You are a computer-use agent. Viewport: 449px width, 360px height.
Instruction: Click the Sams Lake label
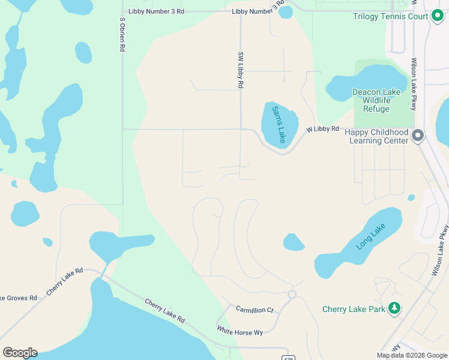[279, 124]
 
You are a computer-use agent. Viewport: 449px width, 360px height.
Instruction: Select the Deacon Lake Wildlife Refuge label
[376, 100]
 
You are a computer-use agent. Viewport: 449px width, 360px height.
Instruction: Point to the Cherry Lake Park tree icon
[394, 309]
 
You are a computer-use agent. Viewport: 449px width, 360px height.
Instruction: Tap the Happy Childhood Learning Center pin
[418, 136]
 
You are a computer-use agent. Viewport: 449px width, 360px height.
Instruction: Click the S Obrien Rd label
[122, 34]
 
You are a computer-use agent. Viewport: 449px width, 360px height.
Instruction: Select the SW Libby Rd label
[240, 70]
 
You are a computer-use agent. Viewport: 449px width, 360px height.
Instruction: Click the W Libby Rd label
[323, 129]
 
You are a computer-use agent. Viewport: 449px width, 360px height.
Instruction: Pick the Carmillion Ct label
[255, 310]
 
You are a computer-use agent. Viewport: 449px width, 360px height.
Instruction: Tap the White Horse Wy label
[240, 331]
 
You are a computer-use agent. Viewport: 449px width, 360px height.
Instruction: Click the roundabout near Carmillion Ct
[292, 295]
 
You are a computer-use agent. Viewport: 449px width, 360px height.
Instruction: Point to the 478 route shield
[288, 358]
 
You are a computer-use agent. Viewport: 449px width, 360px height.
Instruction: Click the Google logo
[20, 353]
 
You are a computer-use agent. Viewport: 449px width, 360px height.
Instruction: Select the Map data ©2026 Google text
[412, 355]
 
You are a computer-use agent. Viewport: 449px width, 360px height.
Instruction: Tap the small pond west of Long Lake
[294, 242]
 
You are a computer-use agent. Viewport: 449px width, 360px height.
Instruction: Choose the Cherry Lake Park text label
[354, 310]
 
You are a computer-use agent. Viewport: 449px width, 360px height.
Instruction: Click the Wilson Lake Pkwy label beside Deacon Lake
[414, 84]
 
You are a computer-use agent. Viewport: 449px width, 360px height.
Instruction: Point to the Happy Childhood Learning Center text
[380, 136]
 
